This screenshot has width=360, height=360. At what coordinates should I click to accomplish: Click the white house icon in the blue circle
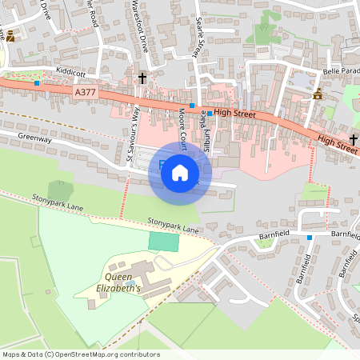tap(180, 172)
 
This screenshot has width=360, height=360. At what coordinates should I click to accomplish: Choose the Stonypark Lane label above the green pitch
tap(173, 225)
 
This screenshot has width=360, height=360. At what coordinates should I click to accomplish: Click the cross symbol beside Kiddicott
tap(143, 78)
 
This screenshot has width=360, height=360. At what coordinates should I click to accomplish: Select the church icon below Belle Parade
tap(318, 94)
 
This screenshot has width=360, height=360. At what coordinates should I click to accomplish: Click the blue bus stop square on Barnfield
tap(310, 237)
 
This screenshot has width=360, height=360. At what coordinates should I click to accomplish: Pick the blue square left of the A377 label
tap(37, 83)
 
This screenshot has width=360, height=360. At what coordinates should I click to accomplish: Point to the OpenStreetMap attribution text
tap(80, 354)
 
